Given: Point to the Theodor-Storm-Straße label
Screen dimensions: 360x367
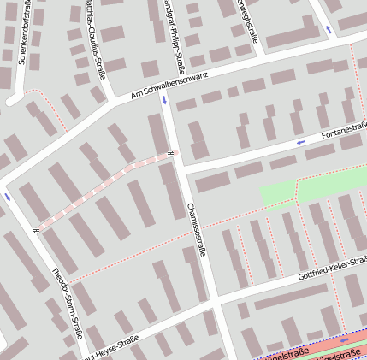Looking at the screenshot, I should coord(67,298).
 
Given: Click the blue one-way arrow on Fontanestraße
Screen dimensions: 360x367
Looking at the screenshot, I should coord(299,142).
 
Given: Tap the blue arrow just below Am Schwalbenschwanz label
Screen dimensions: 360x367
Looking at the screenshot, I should coord(164,100).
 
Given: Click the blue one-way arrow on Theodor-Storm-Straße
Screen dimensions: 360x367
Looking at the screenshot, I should coord(8,196).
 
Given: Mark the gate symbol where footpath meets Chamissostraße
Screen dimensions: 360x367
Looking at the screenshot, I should coord(171,154).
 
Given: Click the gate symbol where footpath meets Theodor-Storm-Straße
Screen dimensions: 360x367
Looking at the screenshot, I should coord(36,228).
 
